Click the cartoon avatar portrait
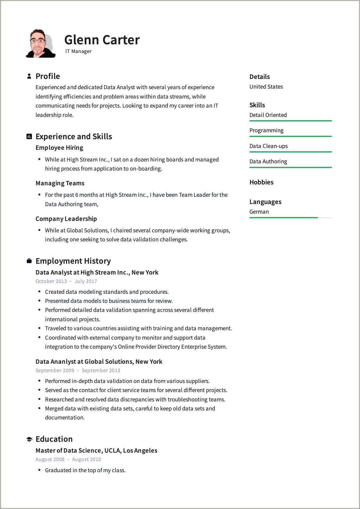40,44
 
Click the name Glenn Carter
102,40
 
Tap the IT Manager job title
78,51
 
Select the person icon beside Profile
29,76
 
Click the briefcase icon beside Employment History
29,261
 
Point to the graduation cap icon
29,439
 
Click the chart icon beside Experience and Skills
29,137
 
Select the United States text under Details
266,87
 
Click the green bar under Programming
290,137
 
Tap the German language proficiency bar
290,218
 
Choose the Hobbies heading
261,182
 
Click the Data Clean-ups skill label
268,146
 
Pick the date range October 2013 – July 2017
66,281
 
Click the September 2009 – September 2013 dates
78,370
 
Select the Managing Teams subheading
60,183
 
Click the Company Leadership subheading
66,219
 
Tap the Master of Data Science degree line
96,451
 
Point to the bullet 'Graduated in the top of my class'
85,470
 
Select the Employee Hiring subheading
59,148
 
